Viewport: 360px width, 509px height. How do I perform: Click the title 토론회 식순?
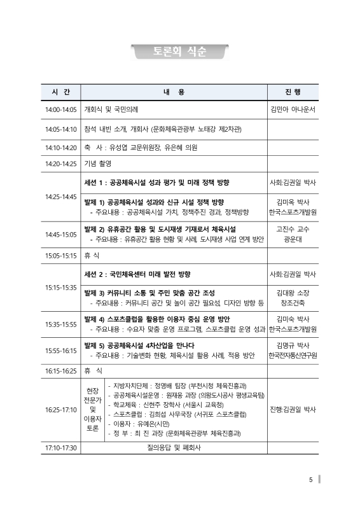tap(179, 52)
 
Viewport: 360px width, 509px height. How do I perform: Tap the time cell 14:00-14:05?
tap(60, 109)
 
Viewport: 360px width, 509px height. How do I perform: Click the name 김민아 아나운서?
tap(293, 109)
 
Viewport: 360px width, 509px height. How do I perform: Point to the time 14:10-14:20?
tap(60, 147)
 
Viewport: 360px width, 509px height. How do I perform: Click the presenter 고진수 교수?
tap(293, 228)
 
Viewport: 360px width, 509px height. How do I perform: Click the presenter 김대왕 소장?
tap(293, 293)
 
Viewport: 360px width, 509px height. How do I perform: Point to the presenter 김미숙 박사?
tap(293, 318)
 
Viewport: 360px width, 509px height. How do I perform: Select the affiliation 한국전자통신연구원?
tap(293, 356)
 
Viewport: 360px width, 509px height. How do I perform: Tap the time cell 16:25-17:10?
tap(60, 410)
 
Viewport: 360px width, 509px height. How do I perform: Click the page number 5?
tap(310, 479)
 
